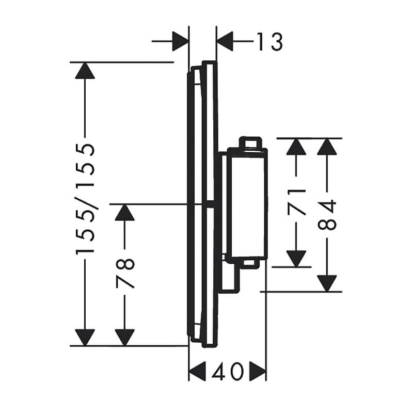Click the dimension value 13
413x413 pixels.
(x=269, y=42)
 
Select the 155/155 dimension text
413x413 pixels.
(x=85, y=199)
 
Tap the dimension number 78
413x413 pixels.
(x=125, y=273)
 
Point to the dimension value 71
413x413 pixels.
(x=296, y=202)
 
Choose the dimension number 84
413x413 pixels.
(x=327, y=215)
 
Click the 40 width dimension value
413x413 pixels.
(x=227, y=371)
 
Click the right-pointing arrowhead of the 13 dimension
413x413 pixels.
(x=180, y=41)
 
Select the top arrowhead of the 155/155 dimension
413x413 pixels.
(x=85, y=70)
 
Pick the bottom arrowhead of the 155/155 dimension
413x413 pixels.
(x=85, y=338)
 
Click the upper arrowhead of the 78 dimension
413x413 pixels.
(x=125, y=212)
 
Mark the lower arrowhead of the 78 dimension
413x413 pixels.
(x=125, y=338)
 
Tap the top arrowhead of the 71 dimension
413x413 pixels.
(x=296, y=147)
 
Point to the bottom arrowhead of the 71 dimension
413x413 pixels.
(x=296, y=259)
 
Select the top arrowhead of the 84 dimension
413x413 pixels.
(x=327, y=147)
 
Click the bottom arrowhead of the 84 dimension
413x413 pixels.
(x=327, y=283)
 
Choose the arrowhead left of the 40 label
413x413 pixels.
(x=198, y=371)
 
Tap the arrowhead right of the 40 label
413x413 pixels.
(x=258, y=371)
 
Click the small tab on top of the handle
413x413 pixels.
(x=250, y=142)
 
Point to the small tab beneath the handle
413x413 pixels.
(x=249, y=263)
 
